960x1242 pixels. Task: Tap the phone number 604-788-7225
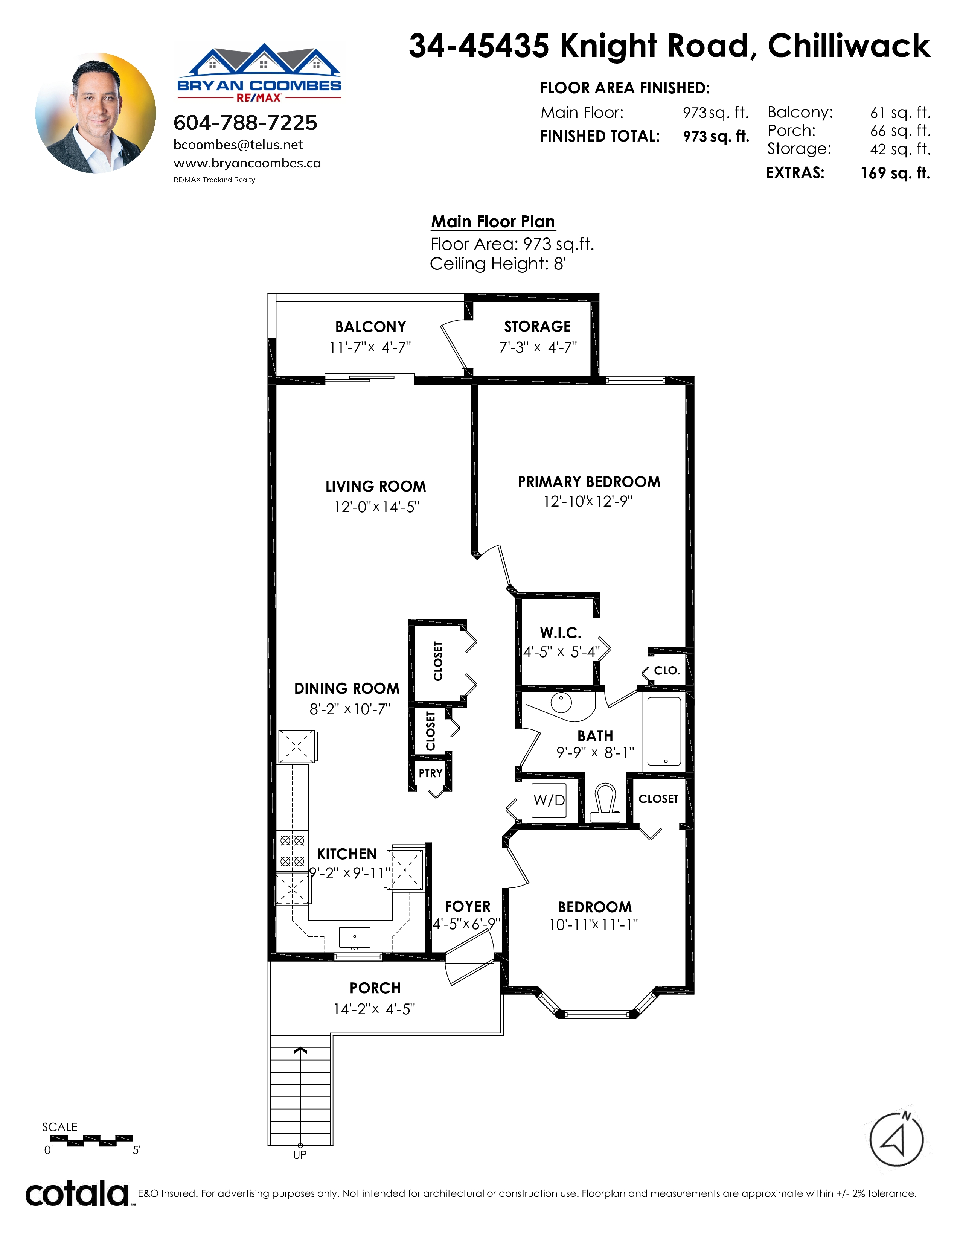(x=245, y=123)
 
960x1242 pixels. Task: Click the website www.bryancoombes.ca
(x=247, y=163)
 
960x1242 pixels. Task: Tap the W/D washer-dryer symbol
(x=549, y=801)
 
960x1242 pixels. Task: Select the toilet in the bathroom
(x=605, y=803)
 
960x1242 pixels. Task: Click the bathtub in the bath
(x=664, y=731)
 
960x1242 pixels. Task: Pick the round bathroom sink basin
(x=561, y=703)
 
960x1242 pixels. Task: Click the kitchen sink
(x=354, y=937)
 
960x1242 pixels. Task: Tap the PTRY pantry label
(x=431, y=773)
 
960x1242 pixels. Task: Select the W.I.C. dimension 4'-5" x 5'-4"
(x=561, y=652)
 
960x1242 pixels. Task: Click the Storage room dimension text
(x=538, y=347)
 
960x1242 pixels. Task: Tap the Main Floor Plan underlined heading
(x=493, y=222)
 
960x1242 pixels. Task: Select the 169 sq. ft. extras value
(x=895, y=173)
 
